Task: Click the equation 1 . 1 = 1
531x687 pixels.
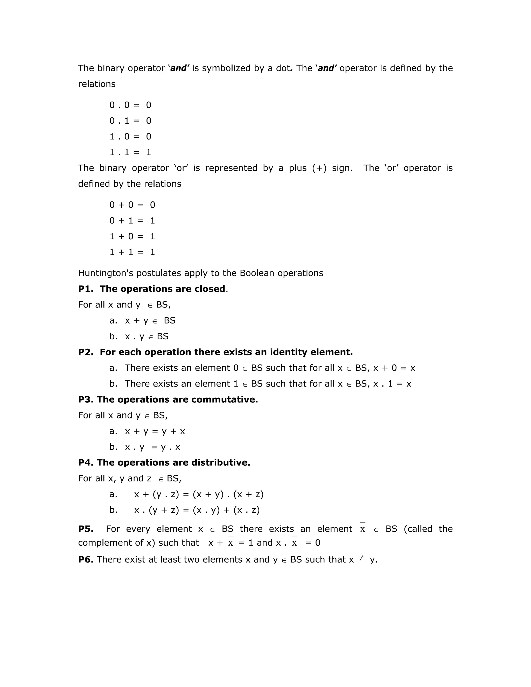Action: (x=130, y=152)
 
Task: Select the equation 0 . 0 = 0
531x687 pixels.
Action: (x=130, y=105)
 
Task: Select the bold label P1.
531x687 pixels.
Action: (x=86, y=289)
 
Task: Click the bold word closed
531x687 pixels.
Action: (x=210, y=289)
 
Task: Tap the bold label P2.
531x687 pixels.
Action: (x=86, y=352)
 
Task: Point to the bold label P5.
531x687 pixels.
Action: (x=86, y=529)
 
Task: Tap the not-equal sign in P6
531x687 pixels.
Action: (x=361, y=558)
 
